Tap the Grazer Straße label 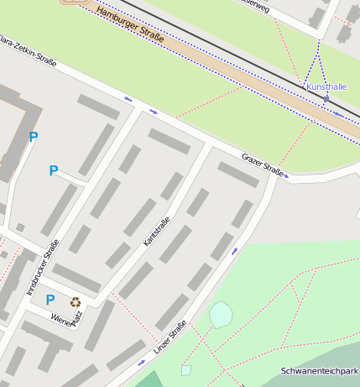[x=263, y=163]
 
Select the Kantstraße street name [x=157, y=230]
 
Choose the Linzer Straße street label [x=170, y=336]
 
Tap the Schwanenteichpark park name [x=320, y=371]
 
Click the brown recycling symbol [x=76, y=302]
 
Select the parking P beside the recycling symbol [x=50, y=299]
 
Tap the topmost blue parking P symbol [x=34, y=137]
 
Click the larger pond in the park [x=221, y=315]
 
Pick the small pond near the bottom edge [x=186, y=369]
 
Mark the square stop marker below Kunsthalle [x=326, y=99]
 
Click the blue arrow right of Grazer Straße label [x=288, y=175]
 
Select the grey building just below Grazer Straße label [x=238, y=174]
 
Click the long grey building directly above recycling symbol [x=76, y=278]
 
